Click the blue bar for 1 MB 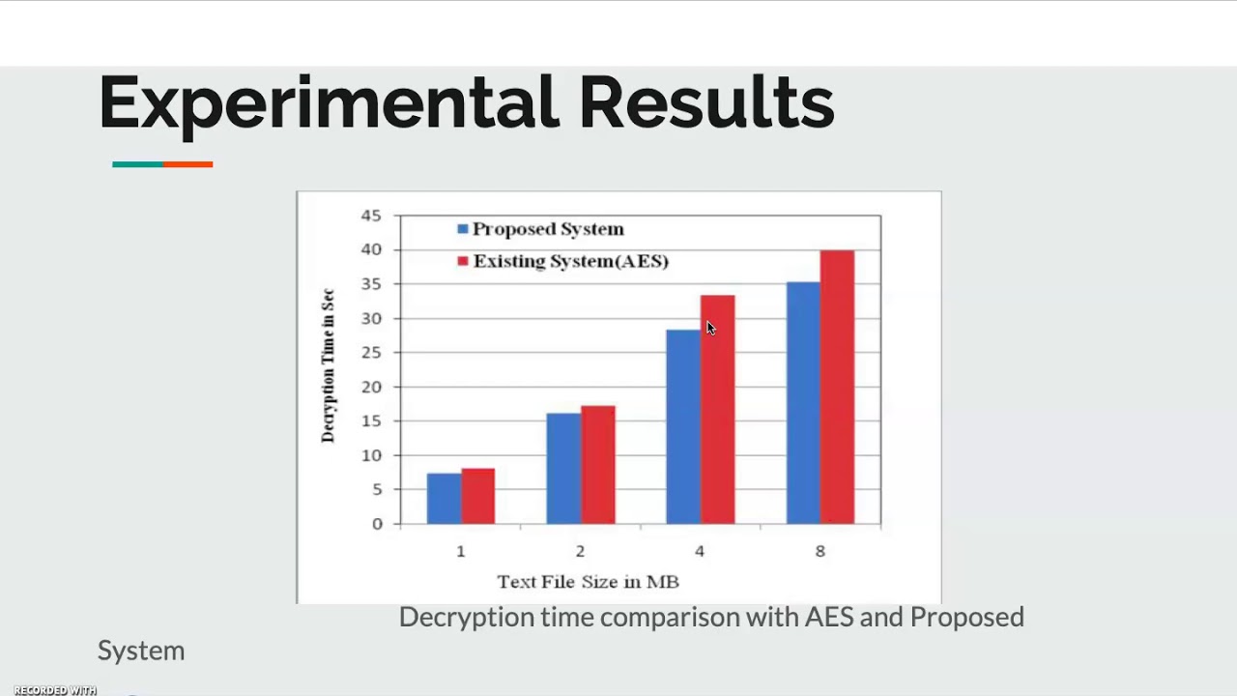444,499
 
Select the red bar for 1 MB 478,497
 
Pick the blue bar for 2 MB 563,469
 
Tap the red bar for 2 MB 598,465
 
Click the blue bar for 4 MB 683,426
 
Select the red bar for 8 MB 837,387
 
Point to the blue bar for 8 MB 803,403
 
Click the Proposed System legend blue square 463,229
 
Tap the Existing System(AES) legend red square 463,261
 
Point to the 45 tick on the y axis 371,216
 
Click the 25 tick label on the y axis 371,353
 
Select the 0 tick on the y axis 376,524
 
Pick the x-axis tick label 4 700,551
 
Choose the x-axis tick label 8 820,551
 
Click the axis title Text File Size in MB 588,582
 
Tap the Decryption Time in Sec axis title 329,365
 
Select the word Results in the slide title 706,101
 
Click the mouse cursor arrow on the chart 710,328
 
